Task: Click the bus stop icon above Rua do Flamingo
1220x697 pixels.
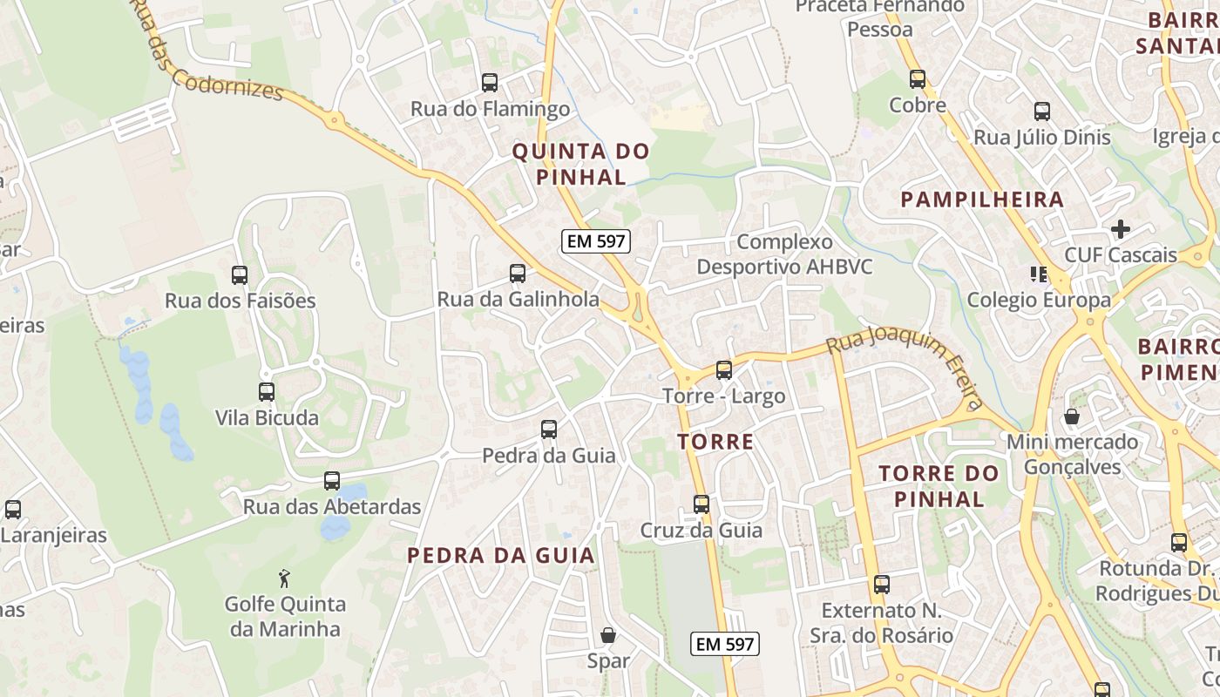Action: [x=490, y=83]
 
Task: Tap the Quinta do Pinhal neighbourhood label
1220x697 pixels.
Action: [x=580, y=164]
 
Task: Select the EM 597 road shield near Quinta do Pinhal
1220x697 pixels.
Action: [x=595, y=241]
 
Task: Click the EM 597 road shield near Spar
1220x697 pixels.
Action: [x=725, y=645]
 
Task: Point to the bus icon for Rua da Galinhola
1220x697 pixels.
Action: [x=518, y=274]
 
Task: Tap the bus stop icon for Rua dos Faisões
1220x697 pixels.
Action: [x=240, y=275]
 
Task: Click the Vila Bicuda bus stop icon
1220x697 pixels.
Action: [x=267, y=392]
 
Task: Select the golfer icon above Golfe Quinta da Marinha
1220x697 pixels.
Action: [x=284, y=579]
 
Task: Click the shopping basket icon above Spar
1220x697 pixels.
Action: [x=608, y=635]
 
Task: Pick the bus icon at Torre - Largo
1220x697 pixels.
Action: [x=724, y=370]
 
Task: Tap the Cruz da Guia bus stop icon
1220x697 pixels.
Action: [x=701, y=504]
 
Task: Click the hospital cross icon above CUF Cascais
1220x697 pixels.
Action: [x=1121, y=229]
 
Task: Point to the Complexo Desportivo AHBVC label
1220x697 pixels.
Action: [x=784, y=254]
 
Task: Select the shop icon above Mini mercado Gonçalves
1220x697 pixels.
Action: [x=1072, y=416]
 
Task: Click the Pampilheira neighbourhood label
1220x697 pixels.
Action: [x=982, y=200]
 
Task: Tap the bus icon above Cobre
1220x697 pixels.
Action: [x=918, y=79]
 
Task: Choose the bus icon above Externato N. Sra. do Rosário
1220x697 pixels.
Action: [x=882, y=585]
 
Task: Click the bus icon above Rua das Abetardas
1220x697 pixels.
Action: [x=332, y=481]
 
